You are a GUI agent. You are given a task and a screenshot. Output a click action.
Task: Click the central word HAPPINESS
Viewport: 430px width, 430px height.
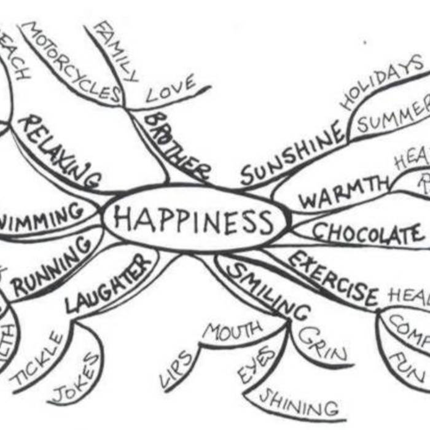tap(193, 220)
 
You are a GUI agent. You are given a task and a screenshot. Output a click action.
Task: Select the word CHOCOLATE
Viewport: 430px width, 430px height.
tap(367, 233)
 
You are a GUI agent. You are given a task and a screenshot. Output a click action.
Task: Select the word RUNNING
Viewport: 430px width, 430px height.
tap(53, 267)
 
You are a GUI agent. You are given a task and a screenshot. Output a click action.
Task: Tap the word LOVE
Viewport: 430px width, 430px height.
tap(171, 88)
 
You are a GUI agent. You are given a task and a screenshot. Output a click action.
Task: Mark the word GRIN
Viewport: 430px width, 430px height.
tap(323, 343)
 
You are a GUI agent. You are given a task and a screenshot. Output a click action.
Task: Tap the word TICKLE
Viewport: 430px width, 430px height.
tap(37, 360)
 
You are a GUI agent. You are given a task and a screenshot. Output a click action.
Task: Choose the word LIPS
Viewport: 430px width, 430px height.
tap(178, 369)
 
